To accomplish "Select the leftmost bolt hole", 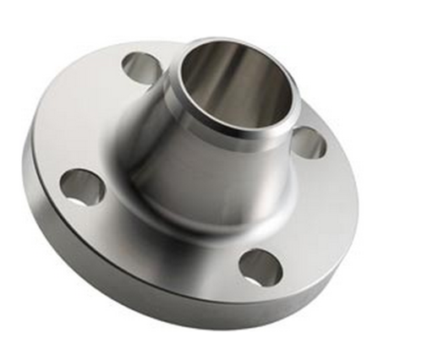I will (82, 187).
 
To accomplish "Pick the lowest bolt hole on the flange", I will (258, 268).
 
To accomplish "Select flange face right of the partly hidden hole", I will (334, 156).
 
